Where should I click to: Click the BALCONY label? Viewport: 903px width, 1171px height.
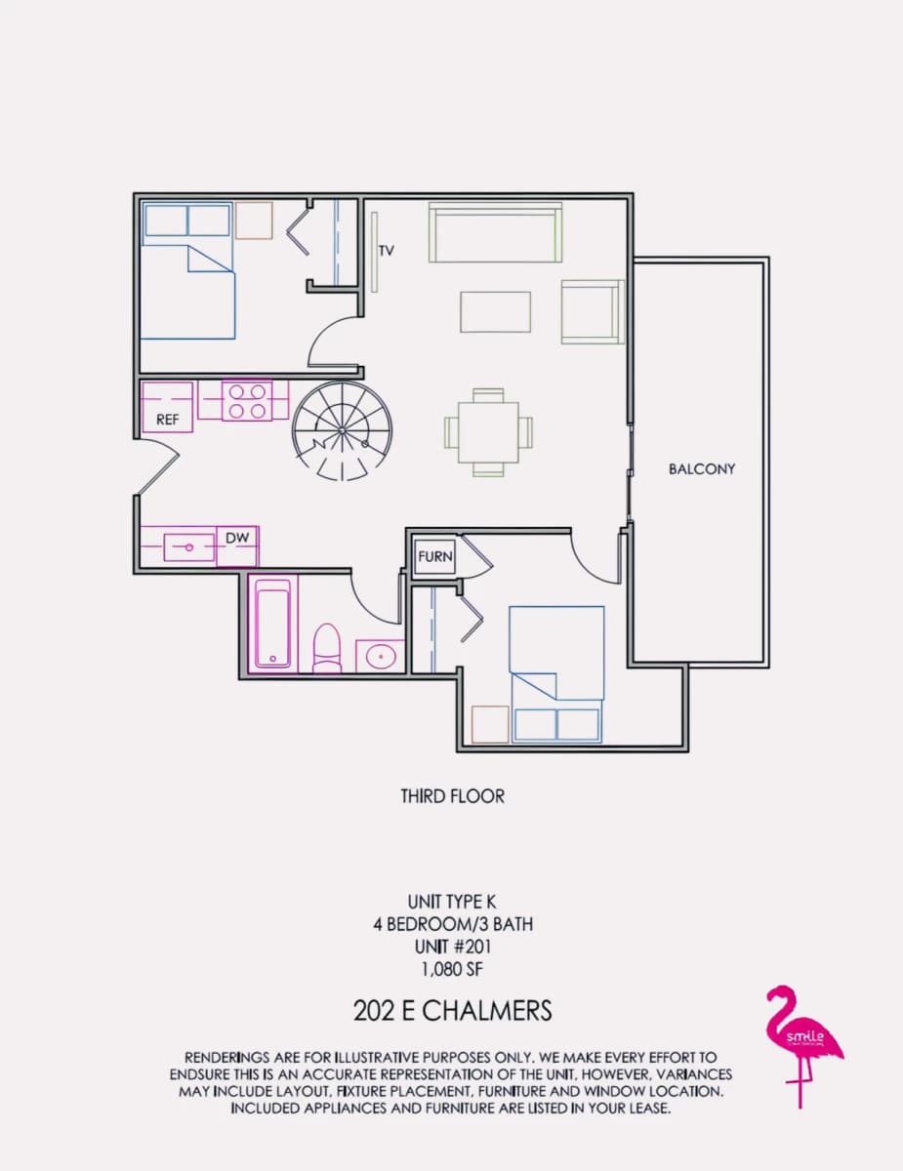tap(701, 468)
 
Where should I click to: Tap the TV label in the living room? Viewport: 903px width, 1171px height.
tap(386, 251)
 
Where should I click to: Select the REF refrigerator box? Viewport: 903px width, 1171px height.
tap(167, 407)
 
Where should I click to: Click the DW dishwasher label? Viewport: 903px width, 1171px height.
tap(237, 538)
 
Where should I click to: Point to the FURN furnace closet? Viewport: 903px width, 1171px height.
tap(435, 556)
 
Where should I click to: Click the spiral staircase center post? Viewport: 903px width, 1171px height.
tap(342, 430)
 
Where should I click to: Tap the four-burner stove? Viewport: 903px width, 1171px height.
tap(247, 401)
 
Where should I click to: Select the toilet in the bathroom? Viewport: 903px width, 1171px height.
tap(327, 648)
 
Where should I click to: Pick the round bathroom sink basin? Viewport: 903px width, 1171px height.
tap(381, 657)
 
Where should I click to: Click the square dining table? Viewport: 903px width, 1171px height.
tap(488, 432)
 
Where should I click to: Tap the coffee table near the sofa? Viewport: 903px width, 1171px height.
tap(496, 312)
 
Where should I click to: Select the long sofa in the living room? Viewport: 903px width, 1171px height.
tap(496, 232)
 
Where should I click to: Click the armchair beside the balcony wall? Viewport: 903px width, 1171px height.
tap(593, 311)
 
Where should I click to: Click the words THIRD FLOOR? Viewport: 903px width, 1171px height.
tap(452, 796)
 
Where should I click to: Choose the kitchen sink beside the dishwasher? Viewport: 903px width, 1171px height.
tap(189, 547)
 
